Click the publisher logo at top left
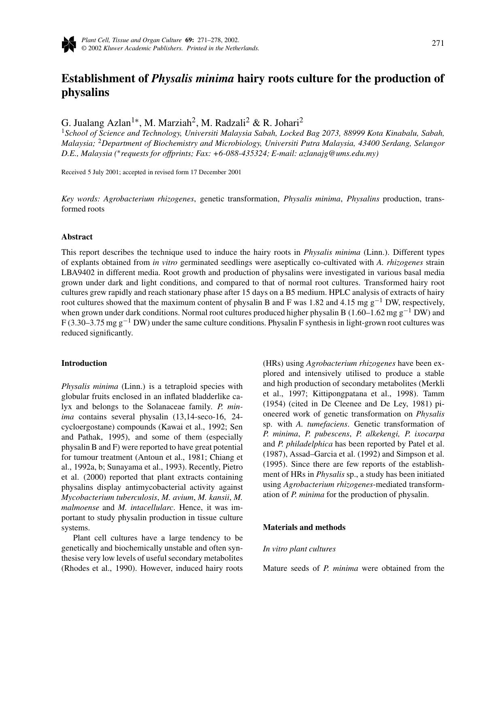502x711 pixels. [69, 44]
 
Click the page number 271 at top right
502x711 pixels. [438, 43]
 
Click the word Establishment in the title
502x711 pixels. [105, 79]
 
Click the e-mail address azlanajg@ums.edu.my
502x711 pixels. [338, 154]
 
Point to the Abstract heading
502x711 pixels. [77, 237]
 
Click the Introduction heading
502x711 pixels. [84, 363]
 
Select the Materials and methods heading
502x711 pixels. [304, 527]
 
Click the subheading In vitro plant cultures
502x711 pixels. [299, 549]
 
